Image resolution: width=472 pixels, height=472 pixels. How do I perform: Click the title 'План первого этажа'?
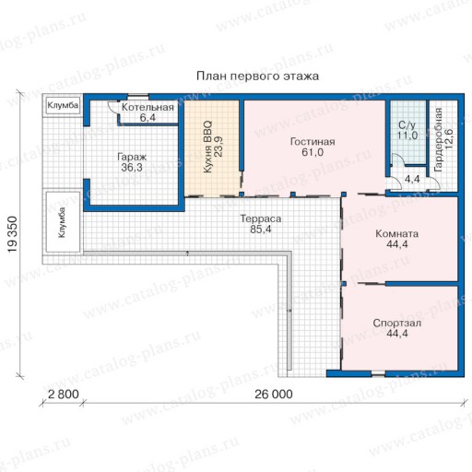[257, 77]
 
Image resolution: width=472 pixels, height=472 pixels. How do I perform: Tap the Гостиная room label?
[313, 142]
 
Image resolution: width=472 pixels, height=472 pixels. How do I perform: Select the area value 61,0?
[313, 152]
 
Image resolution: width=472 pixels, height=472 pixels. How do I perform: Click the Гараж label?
[132, 158]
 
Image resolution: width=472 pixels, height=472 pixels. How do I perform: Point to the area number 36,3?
[132, 168]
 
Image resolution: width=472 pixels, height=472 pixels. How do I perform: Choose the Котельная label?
[147, 107]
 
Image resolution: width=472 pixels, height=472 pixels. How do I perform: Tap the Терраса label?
[261, 218]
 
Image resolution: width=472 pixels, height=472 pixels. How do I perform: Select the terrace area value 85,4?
[261, 230]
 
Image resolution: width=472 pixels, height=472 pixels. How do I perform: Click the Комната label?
[396, 234]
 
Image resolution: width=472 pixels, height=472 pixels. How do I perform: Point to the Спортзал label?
[396, 324]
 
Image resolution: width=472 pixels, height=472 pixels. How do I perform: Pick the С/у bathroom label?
[407, 125]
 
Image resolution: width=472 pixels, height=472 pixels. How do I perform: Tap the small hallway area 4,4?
[412, 179]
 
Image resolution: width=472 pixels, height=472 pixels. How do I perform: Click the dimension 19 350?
[12, 234]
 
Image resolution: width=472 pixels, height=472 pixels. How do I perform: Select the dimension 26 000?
[274, 395]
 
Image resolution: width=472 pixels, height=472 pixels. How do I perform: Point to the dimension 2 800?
[64, 394]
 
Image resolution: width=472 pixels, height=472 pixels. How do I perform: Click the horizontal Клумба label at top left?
[63, 105]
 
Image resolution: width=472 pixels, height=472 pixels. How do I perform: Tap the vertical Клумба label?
[62, 222]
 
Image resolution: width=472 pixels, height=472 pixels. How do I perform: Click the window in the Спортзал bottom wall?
[378, 374]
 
